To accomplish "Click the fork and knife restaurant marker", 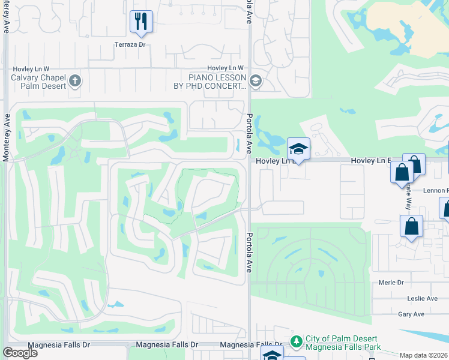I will pyautogui.click(x=141, y=22).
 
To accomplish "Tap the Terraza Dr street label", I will pyautogui.click(x=130, y=44).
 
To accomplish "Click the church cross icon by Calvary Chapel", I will pyautogui.click(x=75, y=81).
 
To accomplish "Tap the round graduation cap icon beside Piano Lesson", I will pyautogui.click(x=255, y=81).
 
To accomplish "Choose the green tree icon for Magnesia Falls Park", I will pyautogui.click(x=296, y=341).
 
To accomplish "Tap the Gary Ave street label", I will pyautogui.click(x=411, y=314).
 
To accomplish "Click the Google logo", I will pyautogui.click(x=19, y=353).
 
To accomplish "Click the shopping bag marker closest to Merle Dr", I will pyautogui.click(x=411, y=227).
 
